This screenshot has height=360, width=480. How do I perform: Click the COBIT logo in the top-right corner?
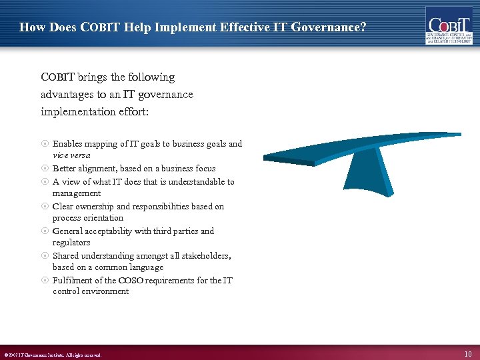[x=449, y=25]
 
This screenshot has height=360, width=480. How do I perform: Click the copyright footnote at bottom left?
[x=53, y=355]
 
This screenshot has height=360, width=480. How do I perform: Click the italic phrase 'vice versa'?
[x=71, y=155]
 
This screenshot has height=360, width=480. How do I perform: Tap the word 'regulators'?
[x=71, y=243]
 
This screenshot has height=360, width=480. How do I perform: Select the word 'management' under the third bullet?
[x=77, y=193]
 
